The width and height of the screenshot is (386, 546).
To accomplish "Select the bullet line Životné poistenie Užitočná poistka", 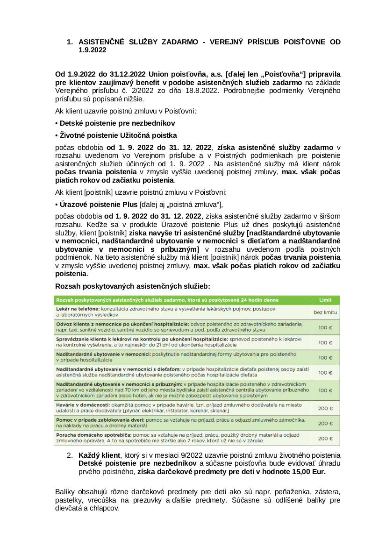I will coord(116,135).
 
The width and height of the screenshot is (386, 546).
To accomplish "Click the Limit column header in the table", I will coord(325,300).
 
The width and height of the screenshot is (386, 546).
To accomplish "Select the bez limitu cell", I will coord(325,312).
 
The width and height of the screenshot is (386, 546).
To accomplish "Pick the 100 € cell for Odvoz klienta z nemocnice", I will coord(325,327).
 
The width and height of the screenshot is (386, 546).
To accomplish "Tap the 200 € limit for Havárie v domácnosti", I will coord(325,408).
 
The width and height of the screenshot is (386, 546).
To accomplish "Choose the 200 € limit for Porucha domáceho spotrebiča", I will coord(325,439).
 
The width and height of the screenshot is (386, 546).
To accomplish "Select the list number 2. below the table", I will coord(70,455).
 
